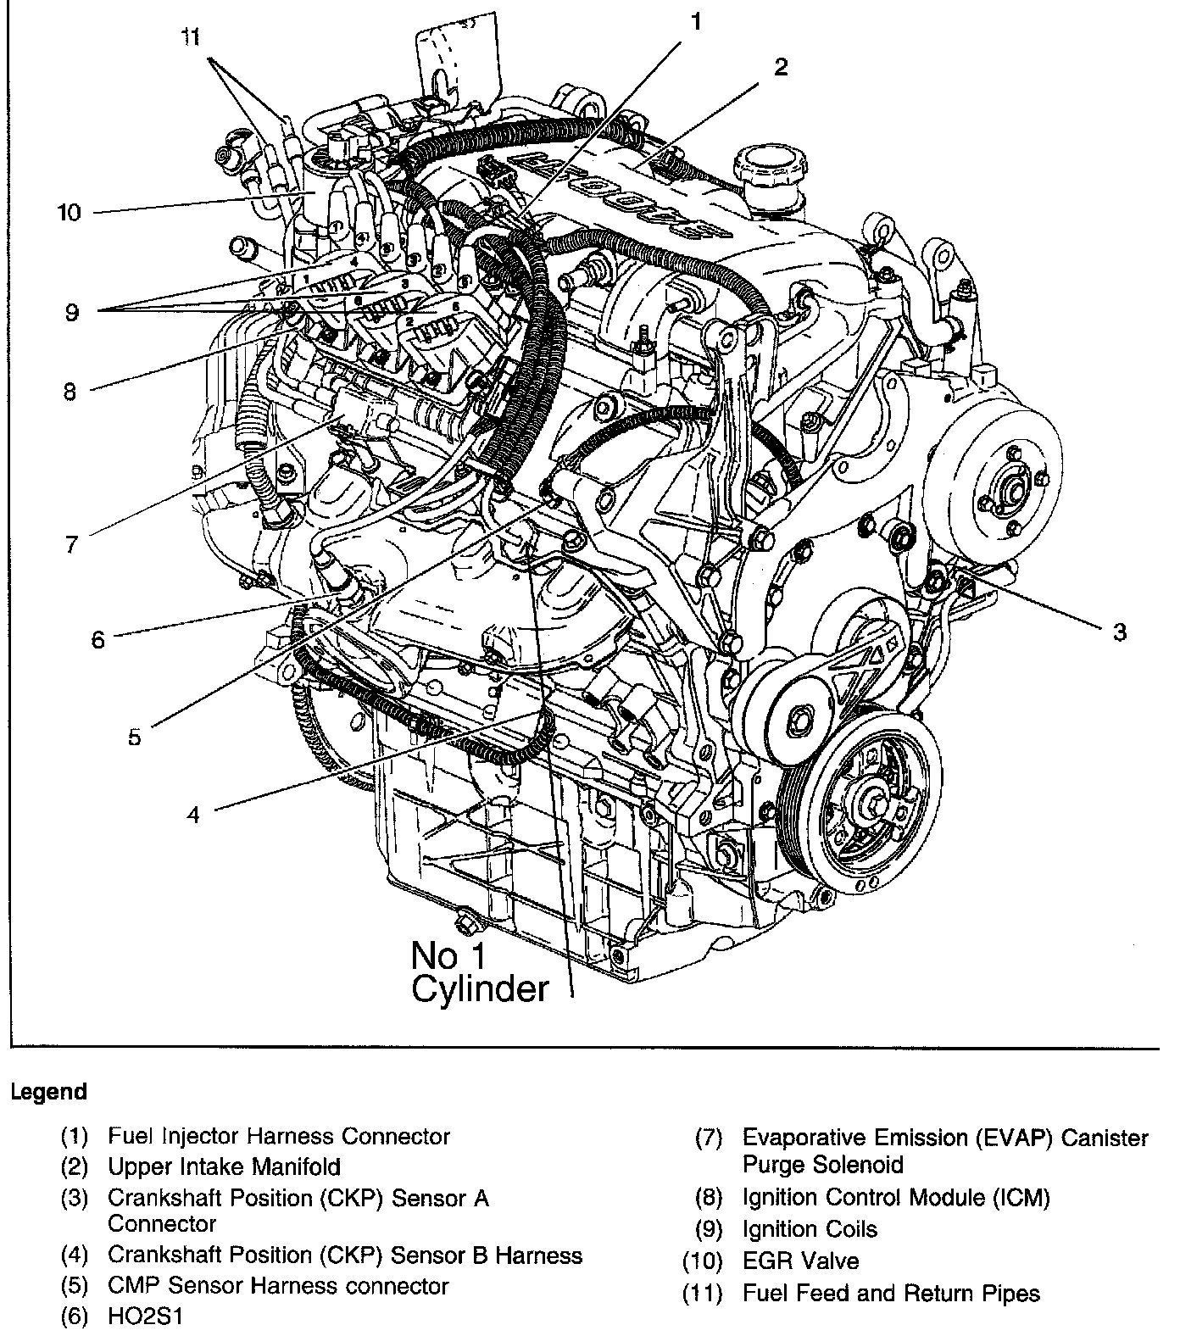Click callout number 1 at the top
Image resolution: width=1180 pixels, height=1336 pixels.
coord(695,21)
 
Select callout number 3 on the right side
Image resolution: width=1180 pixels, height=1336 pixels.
coord(1119,632)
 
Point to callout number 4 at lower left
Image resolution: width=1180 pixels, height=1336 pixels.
coord(194,815)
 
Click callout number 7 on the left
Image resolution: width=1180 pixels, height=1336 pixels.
coord(71,543)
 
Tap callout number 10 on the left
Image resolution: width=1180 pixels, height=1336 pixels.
coord(69,212)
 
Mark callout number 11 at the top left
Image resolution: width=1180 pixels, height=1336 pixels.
coord(192,38)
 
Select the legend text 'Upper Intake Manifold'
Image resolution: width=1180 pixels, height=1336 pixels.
coord(224,1167)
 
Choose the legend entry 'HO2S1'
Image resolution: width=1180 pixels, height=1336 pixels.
coord(145,1317)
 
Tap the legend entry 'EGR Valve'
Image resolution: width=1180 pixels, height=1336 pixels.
coord(800,1261)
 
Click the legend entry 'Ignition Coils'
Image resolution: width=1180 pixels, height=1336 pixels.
coord(810,1229)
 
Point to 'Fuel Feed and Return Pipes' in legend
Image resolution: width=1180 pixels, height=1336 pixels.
coord(891,1294)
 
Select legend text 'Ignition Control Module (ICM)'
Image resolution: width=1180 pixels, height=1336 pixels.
coord(896,1197)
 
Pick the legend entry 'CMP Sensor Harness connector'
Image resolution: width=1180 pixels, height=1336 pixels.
coord(278,1286)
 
